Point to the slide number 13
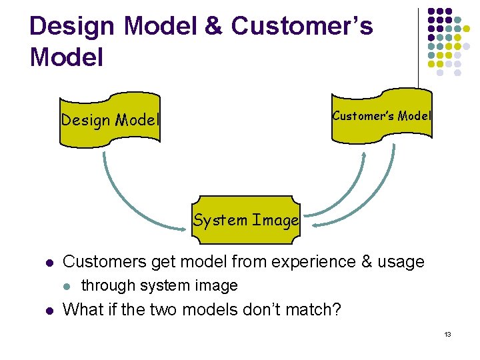coord(447,333)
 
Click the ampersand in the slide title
coord(212,27)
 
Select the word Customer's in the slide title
coord(301,27)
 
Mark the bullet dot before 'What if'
coord(41,311)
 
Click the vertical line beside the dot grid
coord(419,47)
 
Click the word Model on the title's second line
coord(67,57)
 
